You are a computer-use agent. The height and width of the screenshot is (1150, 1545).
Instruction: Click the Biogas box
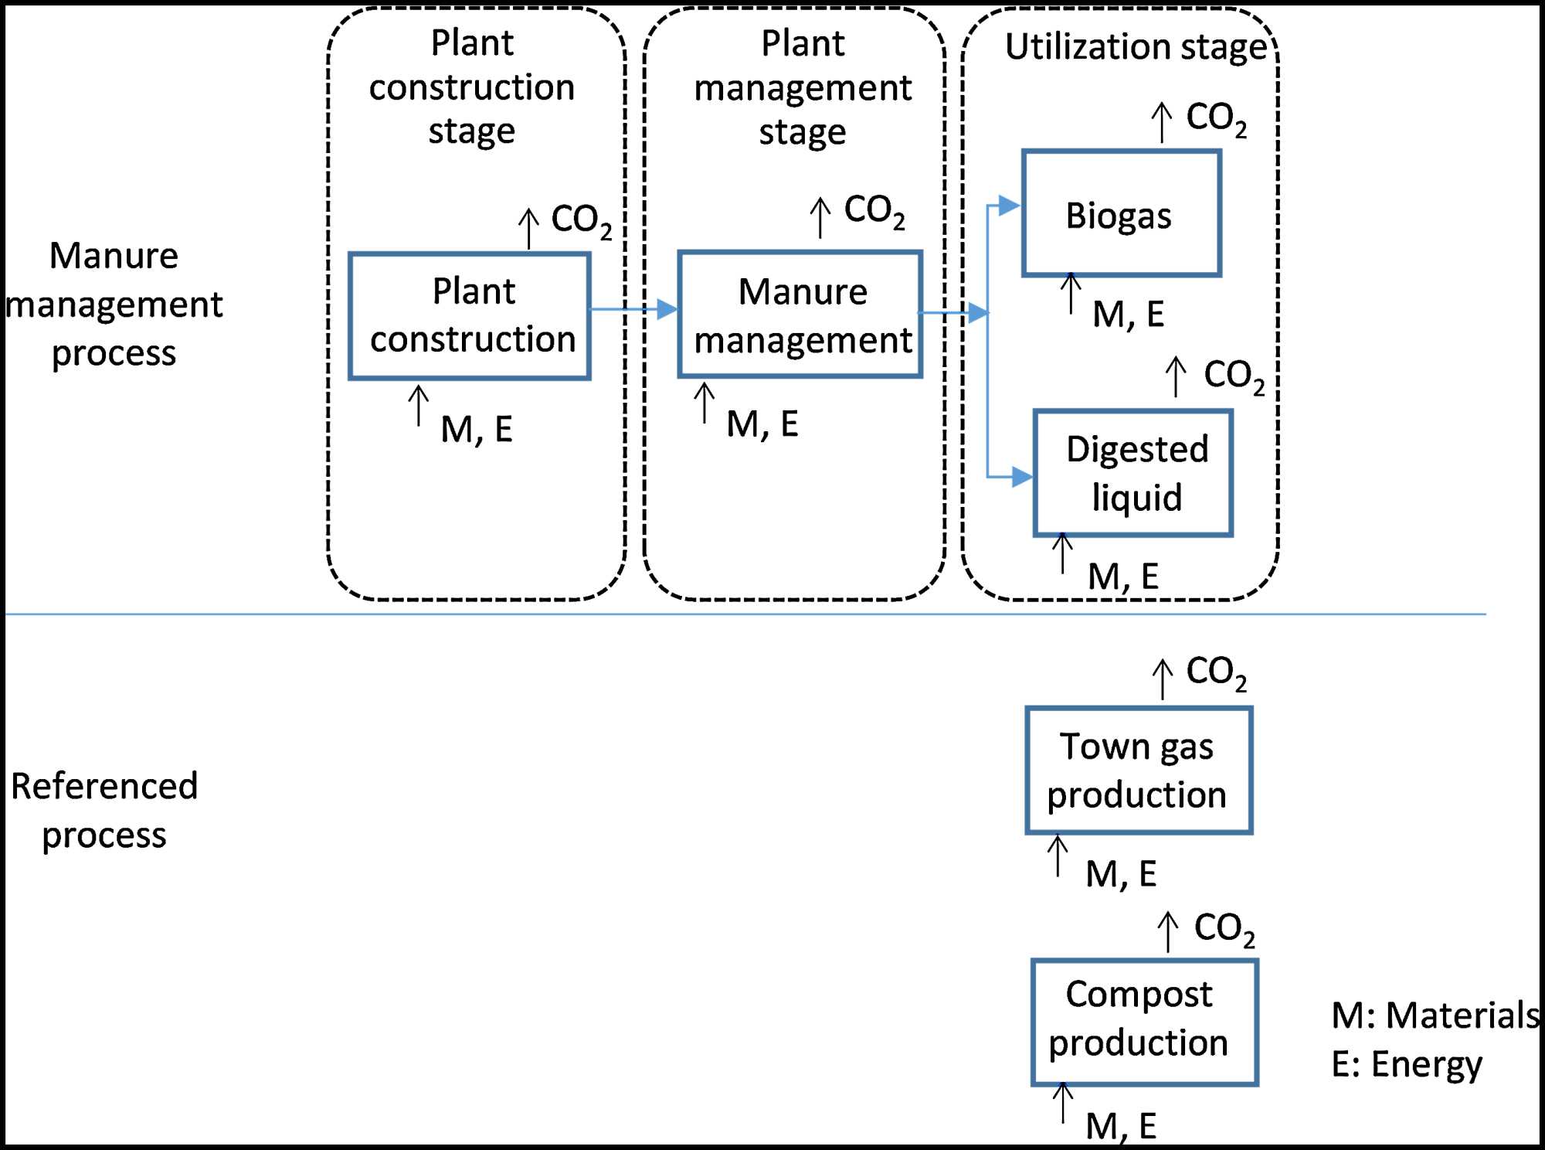pyautogui.click(x=1121, y=214)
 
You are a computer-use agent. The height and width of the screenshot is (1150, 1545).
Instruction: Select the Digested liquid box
pyautogui.click(x=1132, y=473)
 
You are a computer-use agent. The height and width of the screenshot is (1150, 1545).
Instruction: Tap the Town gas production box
pyautogui.click(x=1138, y=771)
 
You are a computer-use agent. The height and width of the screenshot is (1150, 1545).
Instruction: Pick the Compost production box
pyautogui.click(x=1144, y=1022)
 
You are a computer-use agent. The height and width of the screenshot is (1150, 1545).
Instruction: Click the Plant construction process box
pyautogui.click(x=470, y=316)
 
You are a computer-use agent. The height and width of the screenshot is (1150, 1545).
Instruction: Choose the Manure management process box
pyautogui.click(x=800, y=315)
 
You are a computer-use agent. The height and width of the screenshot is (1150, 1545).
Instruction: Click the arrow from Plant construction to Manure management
pyautogui.click(x=633, y=310)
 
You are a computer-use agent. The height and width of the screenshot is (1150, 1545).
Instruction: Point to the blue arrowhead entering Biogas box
pyautogui.click(x=1009, y=206)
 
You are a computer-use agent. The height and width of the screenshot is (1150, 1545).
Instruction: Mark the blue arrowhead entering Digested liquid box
pyautogui.click(x=1021, y=477)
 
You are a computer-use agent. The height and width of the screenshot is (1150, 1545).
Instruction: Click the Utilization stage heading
pyautogui.click(x=1136, y=46)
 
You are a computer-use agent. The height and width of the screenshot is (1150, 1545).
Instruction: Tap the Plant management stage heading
pyautogui.click(x=803, y=87)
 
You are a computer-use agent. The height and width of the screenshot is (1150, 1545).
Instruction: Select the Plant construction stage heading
pyautogui.click(x=471, y=87)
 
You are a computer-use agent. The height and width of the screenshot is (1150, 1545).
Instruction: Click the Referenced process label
pyautogui.click(x=104, y=810)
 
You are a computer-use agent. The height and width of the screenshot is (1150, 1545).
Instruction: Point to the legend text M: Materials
pyautogui.click(x=1435, y=1015)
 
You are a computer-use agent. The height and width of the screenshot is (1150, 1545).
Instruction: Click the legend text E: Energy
pyautogui.click(x=1407, y=1064)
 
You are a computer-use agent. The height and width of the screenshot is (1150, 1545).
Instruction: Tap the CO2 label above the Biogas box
pyautogui.click(x=1216, y=119)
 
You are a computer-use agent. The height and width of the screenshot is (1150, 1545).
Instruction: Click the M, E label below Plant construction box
pyautogui.click(x=477, y=430)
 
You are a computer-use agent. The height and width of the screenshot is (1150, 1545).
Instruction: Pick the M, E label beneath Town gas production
pyautogui.click(x=1121, y=874)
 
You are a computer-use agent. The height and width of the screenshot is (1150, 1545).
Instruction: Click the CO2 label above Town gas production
pyautogui.click(x=1216, y=672)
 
